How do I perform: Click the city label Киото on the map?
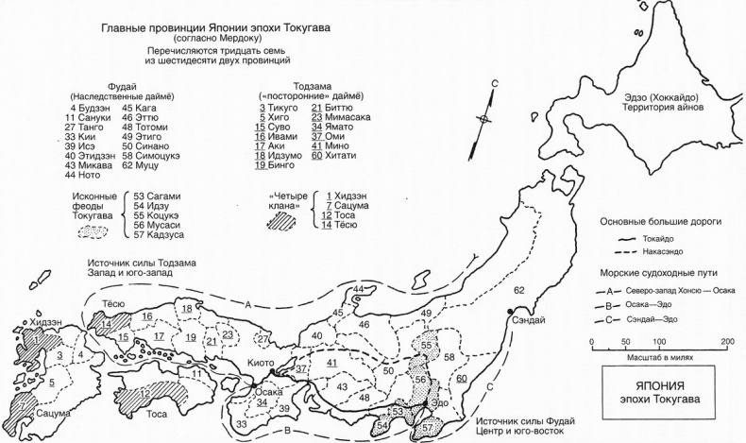click(261, 363)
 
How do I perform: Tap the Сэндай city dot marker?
click(510, 311)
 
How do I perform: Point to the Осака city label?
click(269, 392)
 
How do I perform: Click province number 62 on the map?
click(519, 290)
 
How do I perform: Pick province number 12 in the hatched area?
click(145, 394)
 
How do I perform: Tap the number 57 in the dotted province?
click(427, 427)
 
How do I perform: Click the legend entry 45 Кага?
click(140, 108)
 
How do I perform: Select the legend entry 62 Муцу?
click(141, 165)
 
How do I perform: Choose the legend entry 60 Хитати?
click(334, 156)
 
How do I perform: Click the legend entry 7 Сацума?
click(348, 206)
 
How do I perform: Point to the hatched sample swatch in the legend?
click(281, 221)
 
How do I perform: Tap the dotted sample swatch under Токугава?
click(93, 231)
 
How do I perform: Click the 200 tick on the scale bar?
click(727, 342)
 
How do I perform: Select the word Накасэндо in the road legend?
click(663, 251)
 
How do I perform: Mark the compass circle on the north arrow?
click(483, 119)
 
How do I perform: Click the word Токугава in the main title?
click(307, 27)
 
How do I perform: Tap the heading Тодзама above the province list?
click(313, 87)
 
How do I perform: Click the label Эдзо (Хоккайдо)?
click(662, 97)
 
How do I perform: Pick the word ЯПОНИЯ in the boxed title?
click(659, 385)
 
